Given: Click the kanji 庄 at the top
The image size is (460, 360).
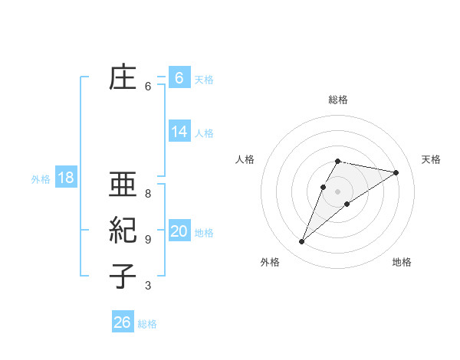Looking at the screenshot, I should pyautogui.click(x=123, y=78).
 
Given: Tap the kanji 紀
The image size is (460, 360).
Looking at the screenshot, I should pyautogui.click(x=123, y=231).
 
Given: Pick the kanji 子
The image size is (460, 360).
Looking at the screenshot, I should pyautogui.click(x=123, y=276).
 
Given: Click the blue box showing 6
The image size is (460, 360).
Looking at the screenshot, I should pyautogui.click(x=179, y=78).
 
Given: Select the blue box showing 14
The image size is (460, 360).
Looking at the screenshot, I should pyautogui.click(x=179, y=132).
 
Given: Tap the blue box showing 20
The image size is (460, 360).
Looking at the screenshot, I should pyautogui.click(x=179, y=231).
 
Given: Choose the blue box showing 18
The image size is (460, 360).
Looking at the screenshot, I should pyautogui.click(x=65, y=178).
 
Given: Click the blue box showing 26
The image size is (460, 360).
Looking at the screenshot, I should pyautogui.click(x=123, y=322).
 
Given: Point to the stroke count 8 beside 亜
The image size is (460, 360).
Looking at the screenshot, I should pyautogui.click(x=148, y=193).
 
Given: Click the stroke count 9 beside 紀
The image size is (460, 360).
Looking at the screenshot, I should pyautogui.click(x=148, y=240).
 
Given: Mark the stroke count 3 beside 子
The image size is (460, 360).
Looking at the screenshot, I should pyautogui.click(x=148, y=286).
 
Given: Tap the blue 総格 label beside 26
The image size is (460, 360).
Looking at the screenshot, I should pyautogui.click(x=147, y=324).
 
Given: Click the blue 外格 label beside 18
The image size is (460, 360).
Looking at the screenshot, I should pyautogui.click(x=41, y=179).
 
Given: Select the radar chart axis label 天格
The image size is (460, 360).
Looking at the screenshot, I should pyautogui.click(x=431, y=159).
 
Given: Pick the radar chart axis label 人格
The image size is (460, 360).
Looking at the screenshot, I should pyautogui.click(x=245, y=159).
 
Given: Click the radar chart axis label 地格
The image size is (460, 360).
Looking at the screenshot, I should pyautogui.click(x=402, y=262).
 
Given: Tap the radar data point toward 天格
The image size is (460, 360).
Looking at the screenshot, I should pyautogui.click(x=396, y=172).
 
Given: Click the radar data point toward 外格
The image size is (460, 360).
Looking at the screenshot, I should pyautogui.click(x=301, y=242).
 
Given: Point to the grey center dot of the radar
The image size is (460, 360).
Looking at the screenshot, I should pyautogui.click(x=337, y=191).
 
